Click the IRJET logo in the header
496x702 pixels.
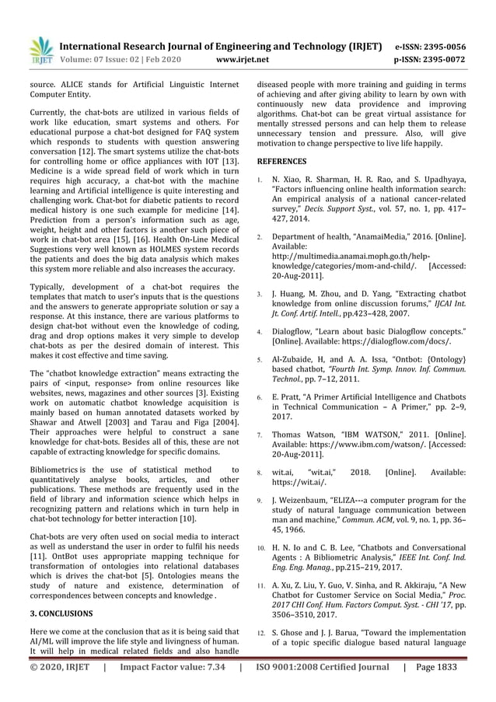[40, 50]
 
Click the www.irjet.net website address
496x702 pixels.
[244, 59]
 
